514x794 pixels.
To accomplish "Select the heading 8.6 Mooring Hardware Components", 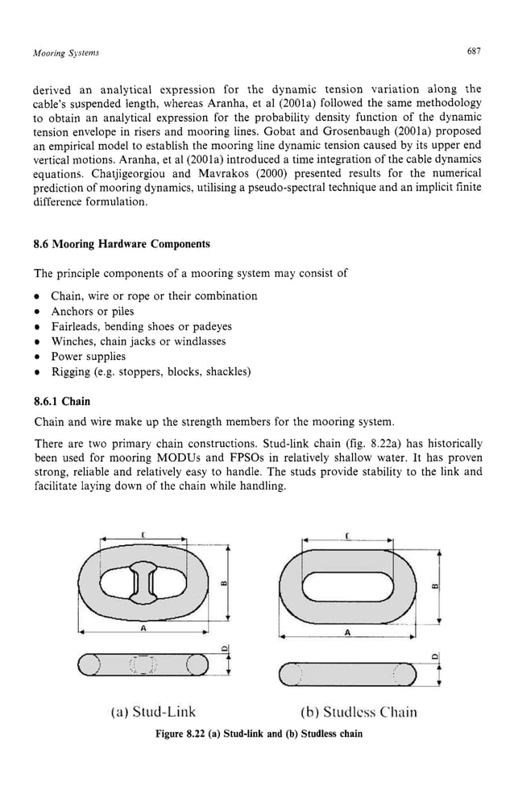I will coord(121,244).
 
